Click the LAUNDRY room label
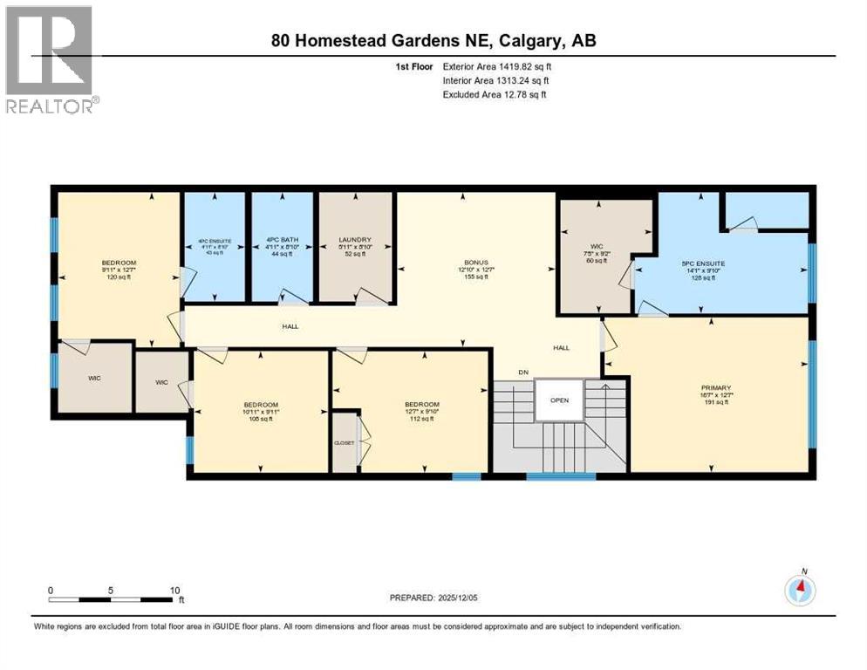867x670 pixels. click(x=356, y=240)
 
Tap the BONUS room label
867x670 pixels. click(x=475, y=262)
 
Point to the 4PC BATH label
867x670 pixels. click(x=282, y=240)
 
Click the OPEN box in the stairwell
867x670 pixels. click(x=559, y=400)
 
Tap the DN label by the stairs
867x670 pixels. click(x=523, y=373)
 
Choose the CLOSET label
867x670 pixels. click(x=345, y=442)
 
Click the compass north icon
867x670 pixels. click(x=800, y=591)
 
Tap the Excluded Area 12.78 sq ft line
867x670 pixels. click(x=494, y=94)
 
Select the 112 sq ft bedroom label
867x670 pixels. click(x=421, y=405)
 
